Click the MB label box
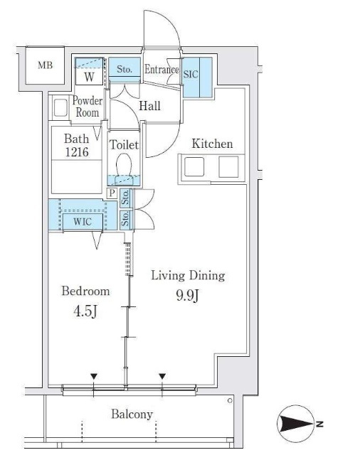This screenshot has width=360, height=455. (x=45, y=65)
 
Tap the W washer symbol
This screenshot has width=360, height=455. (x=89, y=76)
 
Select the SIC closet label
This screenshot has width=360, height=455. (x=191, y=74)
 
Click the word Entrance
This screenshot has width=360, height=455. (x=162, y=70)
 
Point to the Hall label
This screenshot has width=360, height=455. (x=149, y=106)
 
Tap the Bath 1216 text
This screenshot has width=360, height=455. (x=77, y=145)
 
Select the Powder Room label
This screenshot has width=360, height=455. (x=87, y=107)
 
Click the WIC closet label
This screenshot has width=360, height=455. (x=83, y=222)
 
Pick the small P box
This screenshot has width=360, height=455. (x=112, y=193)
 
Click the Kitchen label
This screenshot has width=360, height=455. (x=212, y=144)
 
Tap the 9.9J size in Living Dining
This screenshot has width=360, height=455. (x=188, y=296)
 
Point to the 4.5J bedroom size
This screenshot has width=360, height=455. (x=85, y=311)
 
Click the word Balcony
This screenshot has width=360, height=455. (x=132, y=414)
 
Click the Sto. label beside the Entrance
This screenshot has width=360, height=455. (x=125, y=69)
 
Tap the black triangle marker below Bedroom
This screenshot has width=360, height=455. (x=93, y=376)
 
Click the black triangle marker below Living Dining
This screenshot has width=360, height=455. (x=162, y=376)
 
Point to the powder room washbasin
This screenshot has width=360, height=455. (x=60, y=108)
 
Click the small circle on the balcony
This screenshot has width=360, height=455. (x=230, y=401)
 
